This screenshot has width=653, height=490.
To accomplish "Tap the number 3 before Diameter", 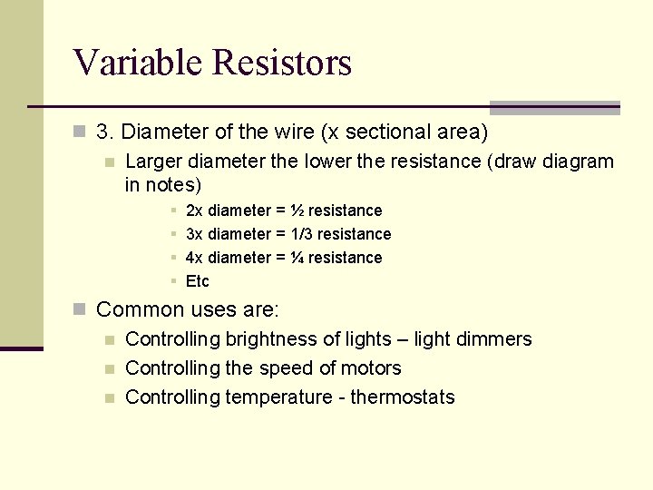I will point(102,132).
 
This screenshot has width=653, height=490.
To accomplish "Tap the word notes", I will point(169,185).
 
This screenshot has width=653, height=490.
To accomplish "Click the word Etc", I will point(197,281).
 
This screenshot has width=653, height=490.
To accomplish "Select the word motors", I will point(372,368).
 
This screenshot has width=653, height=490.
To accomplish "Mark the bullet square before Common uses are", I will point(80,309).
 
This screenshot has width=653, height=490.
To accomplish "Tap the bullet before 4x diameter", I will point(172,258).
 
